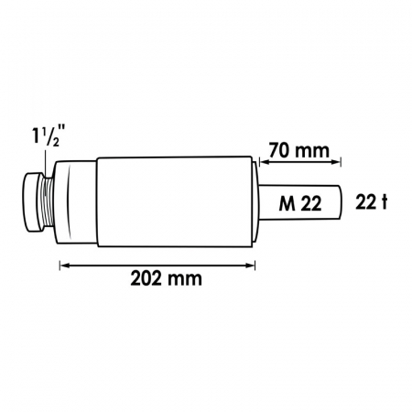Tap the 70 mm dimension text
click(x=299, y=150)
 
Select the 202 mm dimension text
click(x=167, y=278)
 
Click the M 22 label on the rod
click(x=300, y=203)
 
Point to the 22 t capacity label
click(x=372, y=202)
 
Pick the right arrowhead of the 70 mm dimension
click(x=336, y=162)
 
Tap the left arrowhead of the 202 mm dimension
click(x=65, y=266)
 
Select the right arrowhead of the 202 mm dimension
click(x=250, y=266)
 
